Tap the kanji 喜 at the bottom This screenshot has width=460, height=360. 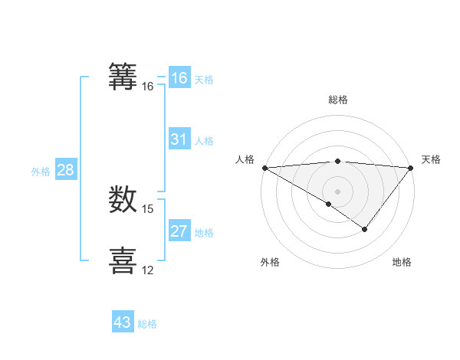pos(123,259)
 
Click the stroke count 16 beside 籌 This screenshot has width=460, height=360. pos(148,87)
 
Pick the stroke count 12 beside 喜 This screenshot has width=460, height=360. pos(148,270)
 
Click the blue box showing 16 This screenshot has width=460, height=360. pos(179,78)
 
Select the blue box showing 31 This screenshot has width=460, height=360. pos(179,139)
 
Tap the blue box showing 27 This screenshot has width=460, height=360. pos(179,231)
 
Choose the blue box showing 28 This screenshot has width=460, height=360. pos(65,170)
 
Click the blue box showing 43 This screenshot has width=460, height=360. pos(123,322)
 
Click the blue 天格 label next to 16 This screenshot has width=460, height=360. pos(203,80)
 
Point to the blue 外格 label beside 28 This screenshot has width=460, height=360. pos(41,172)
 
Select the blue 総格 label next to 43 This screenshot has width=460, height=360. pos(147,324)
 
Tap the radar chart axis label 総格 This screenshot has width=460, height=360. pos(337,100)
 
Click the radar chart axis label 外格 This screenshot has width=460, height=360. pos(270,263)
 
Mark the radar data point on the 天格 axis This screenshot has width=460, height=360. pos(411,168)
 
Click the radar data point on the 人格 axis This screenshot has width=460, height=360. pos(264,168)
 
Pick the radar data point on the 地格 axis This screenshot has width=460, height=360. pos(365,229)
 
